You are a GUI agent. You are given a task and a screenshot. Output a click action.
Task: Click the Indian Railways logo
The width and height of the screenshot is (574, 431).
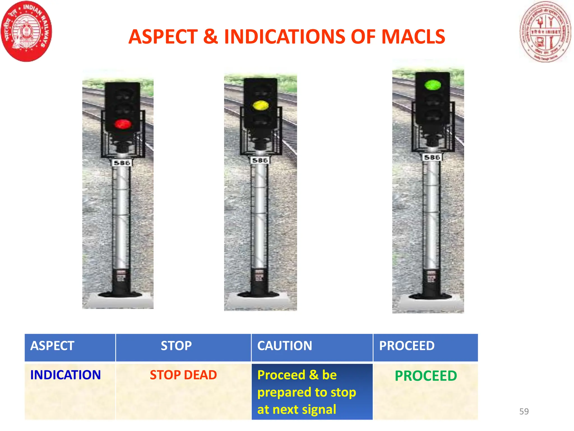(x=26, y=31)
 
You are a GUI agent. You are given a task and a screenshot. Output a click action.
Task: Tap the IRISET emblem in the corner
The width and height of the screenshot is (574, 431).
(x=545, y=32)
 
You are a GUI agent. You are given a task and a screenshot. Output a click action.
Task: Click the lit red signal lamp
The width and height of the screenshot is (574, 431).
(x=122, y=124)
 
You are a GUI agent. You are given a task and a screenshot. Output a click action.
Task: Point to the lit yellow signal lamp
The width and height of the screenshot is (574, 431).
(x=260, y=106)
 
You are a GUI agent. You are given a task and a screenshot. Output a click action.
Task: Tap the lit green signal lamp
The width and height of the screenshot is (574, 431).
(x=432, y=85)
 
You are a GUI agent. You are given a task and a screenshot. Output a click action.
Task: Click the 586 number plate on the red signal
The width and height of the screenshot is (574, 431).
(x=122, y=163)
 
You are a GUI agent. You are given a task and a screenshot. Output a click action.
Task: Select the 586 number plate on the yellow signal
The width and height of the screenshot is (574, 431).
(x=260, y=160)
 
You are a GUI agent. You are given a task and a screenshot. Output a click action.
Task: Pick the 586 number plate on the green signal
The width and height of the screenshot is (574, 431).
(x=432, y=157)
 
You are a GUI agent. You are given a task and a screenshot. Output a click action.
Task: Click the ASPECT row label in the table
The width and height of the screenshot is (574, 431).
(x=52, y=346)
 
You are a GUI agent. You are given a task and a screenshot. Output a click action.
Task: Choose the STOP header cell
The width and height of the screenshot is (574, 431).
(x=176, y=346)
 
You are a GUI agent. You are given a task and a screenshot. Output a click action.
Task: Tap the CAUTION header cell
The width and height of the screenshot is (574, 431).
(x=284, y=346)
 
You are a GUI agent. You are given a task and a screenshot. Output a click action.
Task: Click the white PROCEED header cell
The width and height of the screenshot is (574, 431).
(x=407, y=346)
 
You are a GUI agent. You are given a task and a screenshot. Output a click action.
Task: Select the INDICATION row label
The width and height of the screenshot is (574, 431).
(x=65, y=375)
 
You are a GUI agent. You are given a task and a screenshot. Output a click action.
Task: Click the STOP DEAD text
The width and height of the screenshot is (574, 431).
(x=183, y=375)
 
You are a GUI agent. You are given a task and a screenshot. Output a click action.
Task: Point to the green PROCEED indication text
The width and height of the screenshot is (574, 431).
(x=426, y=376)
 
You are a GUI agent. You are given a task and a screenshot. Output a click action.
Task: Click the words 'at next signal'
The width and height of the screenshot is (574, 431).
(x=297, y=409)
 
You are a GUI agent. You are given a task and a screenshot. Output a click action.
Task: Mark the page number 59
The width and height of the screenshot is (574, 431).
(x=524, y=411)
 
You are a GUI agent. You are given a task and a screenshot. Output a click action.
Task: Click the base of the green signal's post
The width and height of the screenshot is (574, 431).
(x=431, y=296)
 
